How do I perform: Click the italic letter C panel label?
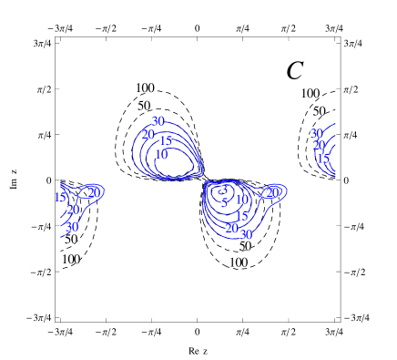pos(295,70)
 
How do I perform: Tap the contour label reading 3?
pos(224,190)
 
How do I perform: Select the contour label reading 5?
pos(224,203)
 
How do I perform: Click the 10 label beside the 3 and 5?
pos(241,200)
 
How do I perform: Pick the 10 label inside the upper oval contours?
pos(161,154)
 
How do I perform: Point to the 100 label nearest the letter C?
pos(310,94)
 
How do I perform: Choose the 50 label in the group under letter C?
pos(319,111)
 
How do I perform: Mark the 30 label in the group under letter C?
pos(316,133)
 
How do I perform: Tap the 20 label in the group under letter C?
pos(319,145)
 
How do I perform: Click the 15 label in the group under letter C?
pos(322,159)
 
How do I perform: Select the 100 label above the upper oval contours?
pos(145,88)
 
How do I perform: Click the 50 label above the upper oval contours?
pos(144,106)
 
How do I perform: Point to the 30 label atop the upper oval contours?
pos(158,121)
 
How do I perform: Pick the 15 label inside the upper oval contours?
pos(165,141)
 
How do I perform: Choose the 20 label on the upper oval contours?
pos(148,134)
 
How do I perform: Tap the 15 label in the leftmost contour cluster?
pos(60,197)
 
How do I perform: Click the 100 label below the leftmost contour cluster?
pos(70,259)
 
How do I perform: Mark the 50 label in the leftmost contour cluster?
pos(71,240)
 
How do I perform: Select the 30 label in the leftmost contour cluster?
pos(71,227)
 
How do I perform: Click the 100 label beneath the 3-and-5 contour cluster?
pos(238,262)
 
